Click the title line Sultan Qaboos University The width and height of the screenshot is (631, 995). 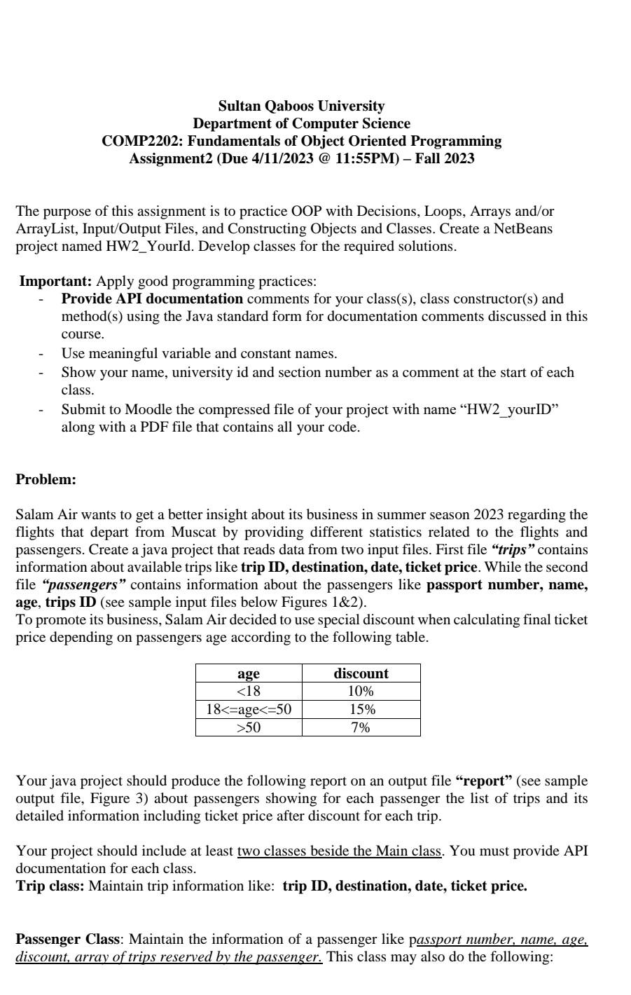pos(301,106)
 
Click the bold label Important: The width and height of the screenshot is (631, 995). pos(55,281)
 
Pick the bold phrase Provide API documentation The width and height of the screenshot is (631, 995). pos(152,298)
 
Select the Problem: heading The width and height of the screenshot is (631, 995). pos(46,479)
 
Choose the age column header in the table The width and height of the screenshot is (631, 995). pos(249,673)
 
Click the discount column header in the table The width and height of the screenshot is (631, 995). pos(361,673)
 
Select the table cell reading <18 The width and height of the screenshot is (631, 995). pos(249,692)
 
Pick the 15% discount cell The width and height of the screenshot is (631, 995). pos(361,709)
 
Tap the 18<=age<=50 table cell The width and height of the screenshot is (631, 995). pos(249,709)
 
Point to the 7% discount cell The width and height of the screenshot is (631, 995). pos(361,727)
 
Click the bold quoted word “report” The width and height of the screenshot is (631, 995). pos(483,781)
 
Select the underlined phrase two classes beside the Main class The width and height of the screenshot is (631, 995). pos(340,851)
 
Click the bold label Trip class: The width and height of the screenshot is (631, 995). pos(50,886)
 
